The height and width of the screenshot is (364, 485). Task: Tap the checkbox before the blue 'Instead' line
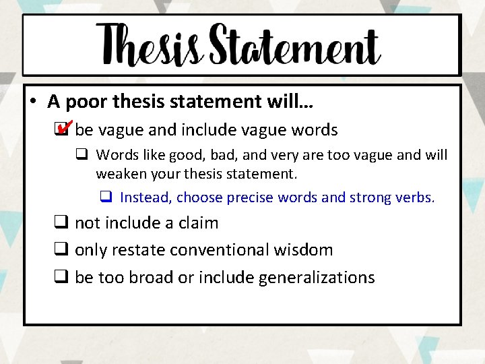pos(106,198)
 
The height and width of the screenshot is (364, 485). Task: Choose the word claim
pos(196,223)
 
